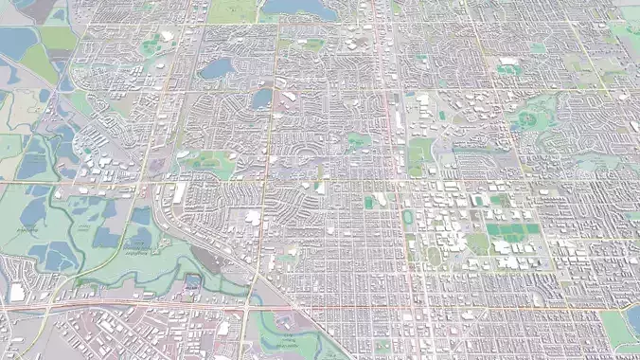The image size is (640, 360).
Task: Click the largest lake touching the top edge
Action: tap(299, 8)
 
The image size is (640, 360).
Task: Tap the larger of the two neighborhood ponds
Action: tap(217, 68)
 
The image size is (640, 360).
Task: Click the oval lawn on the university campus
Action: tap(434, 255)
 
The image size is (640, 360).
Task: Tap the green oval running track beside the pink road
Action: tap(408, 218)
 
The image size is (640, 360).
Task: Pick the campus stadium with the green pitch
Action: tap(369, 203)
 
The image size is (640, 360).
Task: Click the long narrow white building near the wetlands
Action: tap(179, 193)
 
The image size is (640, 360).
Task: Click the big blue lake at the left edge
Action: tap(17, 41)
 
